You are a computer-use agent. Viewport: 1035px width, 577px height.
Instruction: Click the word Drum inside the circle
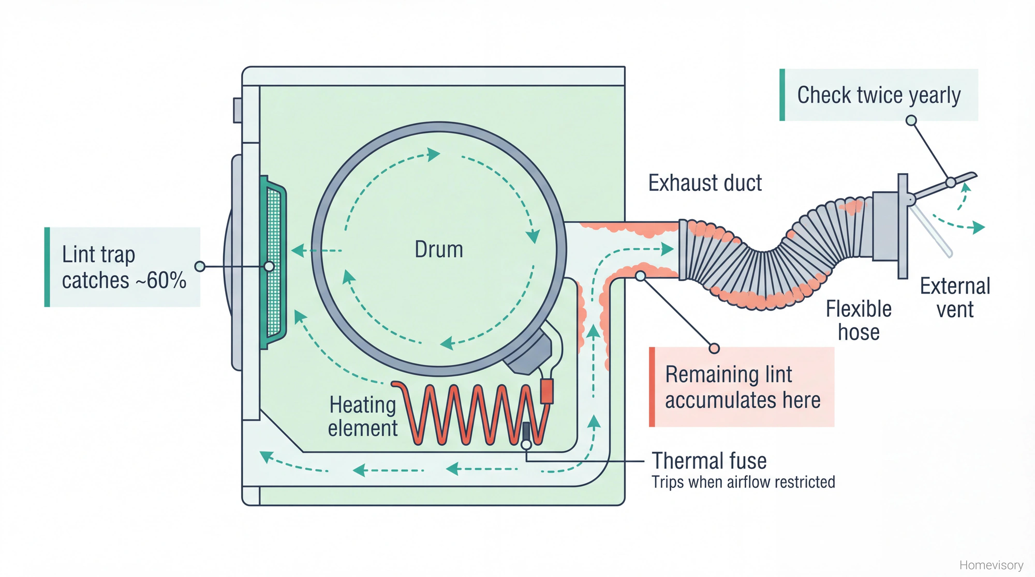[439, 250]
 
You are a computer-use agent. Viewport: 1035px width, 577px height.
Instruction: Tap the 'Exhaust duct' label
[705, 183]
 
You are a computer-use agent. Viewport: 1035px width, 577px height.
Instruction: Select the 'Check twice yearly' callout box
[879, 95]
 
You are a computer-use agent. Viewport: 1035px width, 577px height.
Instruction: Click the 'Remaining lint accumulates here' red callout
[742, 387]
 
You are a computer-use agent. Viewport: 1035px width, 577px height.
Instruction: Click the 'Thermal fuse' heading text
[709, 461]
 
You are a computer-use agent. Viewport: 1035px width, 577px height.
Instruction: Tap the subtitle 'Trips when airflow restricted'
[743, 482]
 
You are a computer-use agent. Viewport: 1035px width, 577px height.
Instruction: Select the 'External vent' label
[955, 298]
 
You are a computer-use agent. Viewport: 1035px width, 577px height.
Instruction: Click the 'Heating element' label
[362, 417]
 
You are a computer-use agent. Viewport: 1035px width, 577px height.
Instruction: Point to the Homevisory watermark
[991, 565]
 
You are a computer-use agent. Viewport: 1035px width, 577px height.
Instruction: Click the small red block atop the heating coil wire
[546, 391]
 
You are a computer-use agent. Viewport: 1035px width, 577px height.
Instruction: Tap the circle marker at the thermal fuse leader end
[526, 445]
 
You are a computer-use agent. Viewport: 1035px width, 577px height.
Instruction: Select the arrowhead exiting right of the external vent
[978, 227]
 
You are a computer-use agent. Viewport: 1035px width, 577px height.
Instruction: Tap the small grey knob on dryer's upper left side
[238, 110]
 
